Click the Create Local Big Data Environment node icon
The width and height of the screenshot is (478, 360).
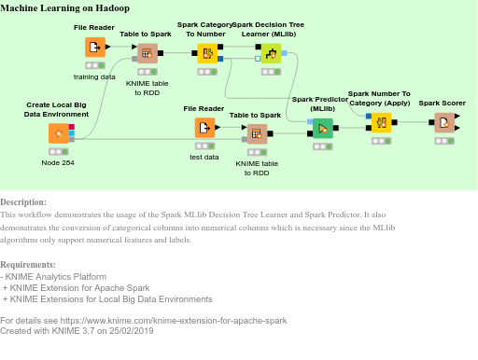tap(58, 132)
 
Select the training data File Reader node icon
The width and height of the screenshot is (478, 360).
tap(94, 47)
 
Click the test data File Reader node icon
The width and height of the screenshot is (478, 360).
tap(204, 127)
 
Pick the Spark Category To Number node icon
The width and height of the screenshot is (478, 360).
tap(207, 53)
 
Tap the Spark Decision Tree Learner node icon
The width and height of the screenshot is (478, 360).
tap(271, 53)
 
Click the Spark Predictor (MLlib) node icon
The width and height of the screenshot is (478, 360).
tap(322, 129)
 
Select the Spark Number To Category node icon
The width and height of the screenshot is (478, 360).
tap(380, 122)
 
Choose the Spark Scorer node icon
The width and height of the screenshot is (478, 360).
tap(444, 122)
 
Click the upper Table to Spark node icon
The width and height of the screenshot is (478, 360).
tap(147, 53)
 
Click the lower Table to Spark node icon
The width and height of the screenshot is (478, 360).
tap(257, 133)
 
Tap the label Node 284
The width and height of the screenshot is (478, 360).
tap(58, 162)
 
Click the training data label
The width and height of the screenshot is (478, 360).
tap(94, 76)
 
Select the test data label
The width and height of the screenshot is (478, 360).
tap(204, 157)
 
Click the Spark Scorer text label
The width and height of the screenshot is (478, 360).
tap(443, 103)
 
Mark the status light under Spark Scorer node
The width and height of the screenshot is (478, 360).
tap(444, 142)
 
